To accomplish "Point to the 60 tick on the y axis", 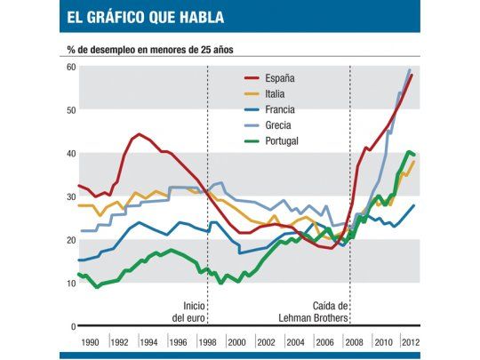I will pos(68,68).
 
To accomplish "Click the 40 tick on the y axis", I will pos(68,154).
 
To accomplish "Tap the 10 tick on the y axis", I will pos(68,284).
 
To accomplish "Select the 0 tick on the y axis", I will pos(71,327).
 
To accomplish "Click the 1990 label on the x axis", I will pos(91,341).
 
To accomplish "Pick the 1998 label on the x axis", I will pos(207,341).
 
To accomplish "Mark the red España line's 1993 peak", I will pos(140,135).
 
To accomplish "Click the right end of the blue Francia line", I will pos(413,205).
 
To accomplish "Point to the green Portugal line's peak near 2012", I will pos(409,152).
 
